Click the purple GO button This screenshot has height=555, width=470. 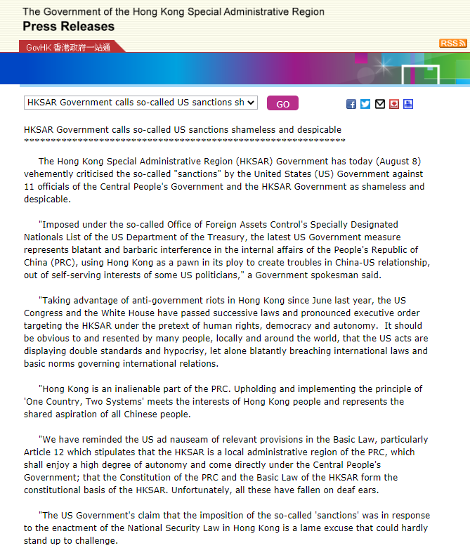[x=282, y=103]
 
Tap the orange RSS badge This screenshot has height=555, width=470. [x=453, y=44]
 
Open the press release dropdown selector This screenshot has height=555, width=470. [x=141, y=103]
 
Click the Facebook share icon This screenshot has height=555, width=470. [x=351, y=104]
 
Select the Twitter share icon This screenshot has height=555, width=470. [x=365, y=104]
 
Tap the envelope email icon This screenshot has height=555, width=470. [x=380, y=104]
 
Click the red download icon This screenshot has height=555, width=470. [x=394, y=104]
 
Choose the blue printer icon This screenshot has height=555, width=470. [x=408, y=104]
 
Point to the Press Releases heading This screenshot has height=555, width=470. [x=68, y=27]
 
